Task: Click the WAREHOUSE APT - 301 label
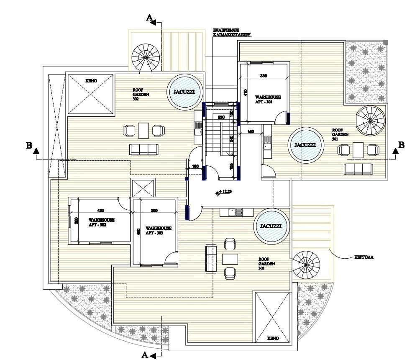268,99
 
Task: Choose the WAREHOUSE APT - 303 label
158,230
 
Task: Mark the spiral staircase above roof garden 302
146,58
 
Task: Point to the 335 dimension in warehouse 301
264,76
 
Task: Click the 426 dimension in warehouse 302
100,210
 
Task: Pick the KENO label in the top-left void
91,80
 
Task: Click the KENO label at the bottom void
273,337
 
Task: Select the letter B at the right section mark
401,145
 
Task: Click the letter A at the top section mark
149,18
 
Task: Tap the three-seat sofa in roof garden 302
144,149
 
